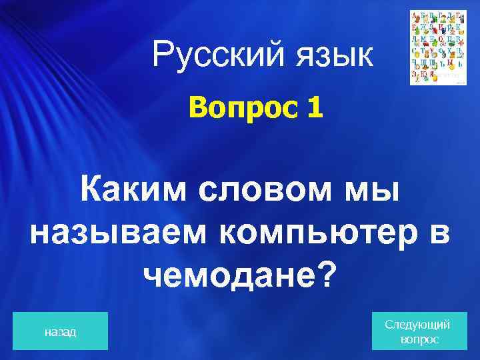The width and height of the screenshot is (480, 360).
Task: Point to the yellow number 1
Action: (x=315, y=107)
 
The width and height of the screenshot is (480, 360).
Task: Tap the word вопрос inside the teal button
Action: (x=419, y=339)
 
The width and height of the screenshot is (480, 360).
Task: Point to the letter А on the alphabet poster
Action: (x=415, y=14)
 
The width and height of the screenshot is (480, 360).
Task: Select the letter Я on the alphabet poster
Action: (x=431, y=75)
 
